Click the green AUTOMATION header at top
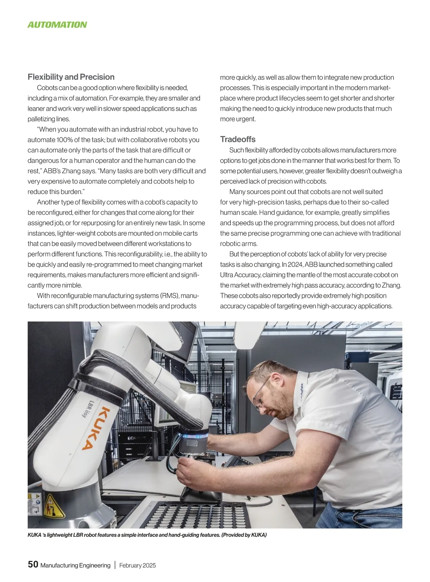click(57, 25)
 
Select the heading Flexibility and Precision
click(71, 77)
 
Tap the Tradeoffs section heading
click(238, 139)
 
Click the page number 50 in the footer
click(33, 564)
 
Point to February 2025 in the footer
click(138, 566)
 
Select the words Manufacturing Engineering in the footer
click(75, 566)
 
